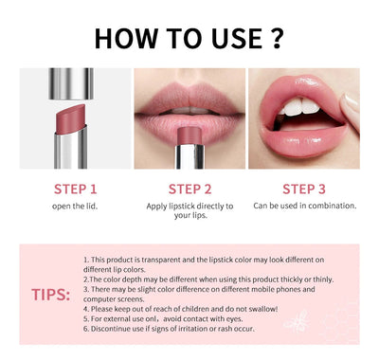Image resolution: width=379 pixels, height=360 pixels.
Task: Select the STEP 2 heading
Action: (189, 188)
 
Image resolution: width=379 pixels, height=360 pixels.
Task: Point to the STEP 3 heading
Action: (303, 188)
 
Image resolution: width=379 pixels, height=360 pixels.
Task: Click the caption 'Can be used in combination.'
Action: (304, 206)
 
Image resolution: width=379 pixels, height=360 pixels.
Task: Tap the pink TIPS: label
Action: (50, 295)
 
